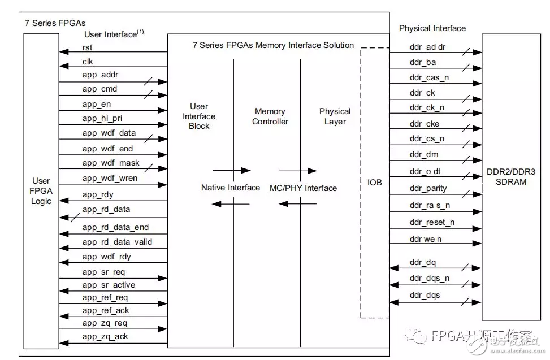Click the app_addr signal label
coord(100,75)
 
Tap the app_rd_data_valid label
coord(117,242)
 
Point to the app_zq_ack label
coord(105,337)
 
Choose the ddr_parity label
coord(428,188)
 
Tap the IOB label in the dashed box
coord(374,183)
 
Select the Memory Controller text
coord(270,116)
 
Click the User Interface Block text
coord(199,116)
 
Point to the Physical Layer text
coord(335,116)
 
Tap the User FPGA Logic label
coord(41,192)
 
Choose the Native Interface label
coord(231,188)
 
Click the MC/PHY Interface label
coord(303,188)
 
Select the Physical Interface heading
coord(432,28)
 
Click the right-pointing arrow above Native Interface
coord(231,170)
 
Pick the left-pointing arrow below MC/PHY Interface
coord(298,203)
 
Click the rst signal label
coord(88,48)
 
